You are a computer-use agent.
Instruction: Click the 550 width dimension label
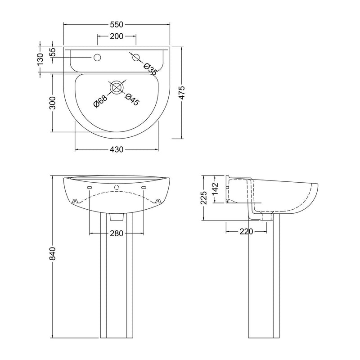pyautogui.click(x=117, y=24)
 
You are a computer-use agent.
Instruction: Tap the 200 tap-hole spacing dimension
pyautogui.click(x=117, y=36)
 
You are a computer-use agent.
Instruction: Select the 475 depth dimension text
pyautogui.click(x=182, y=93)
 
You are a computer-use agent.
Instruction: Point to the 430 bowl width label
pyautogui.click(x=117, y=149)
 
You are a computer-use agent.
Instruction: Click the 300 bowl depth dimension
pyautogui.click(x=53, y=103)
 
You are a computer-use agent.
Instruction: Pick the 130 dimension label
pyautogui.click(x=40, y=59)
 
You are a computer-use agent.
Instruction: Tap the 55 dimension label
pyautogui.click(x=53, y=52)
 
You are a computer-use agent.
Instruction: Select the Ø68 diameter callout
pyautogui.click(x=100, y=101)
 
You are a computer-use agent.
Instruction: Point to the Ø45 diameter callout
pyautogui.click(x=132, y=99)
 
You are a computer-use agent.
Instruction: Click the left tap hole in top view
pyautogui.click(x=97, y=58)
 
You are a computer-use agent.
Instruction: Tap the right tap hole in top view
pyautogui.click(x=136, y=58)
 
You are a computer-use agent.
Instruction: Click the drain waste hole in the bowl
pyautogui.click(x=117, y=87)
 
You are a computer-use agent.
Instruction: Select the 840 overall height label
pyautogui.click(x=53, y=253)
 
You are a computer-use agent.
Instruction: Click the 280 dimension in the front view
pyautogui.click(x=117, y=233)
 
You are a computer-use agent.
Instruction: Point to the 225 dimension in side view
pyautogui.click(x=204, y=198)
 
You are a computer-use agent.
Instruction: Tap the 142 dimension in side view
pyautogui.click(x=215, y=189)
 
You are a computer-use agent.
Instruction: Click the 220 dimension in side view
pyautogui.click(x=246, y=231)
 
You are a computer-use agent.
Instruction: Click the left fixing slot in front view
pyautogui.click(x=90, y=188)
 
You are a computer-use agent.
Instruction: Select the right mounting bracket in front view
pyautogui.click(x=158, y=201)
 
